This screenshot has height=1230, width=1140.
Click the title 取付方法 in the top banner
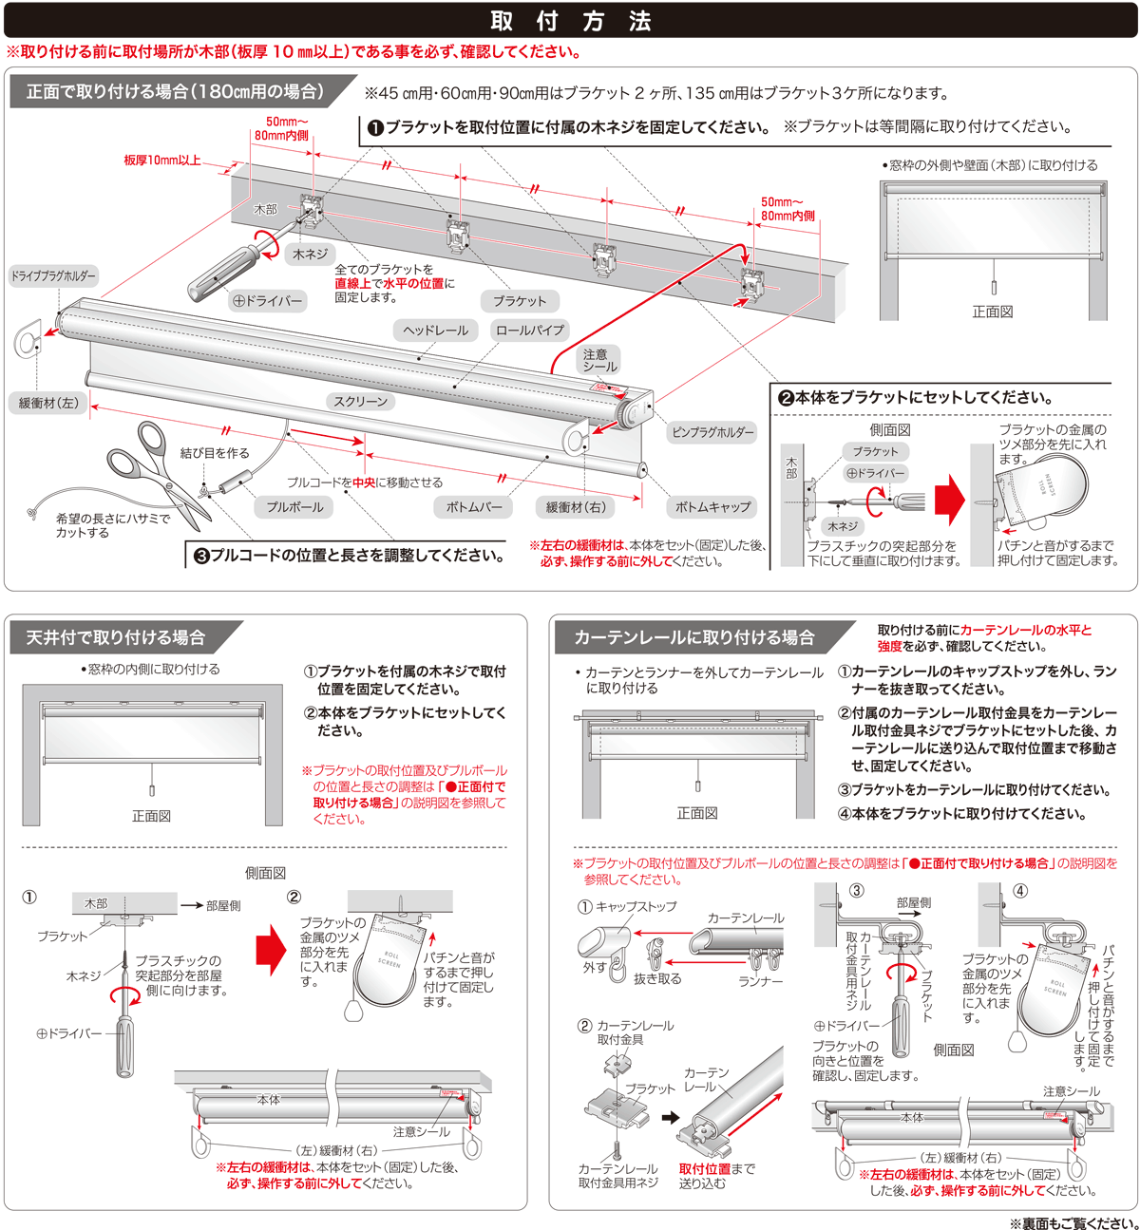pyautogui.click(x=570, y=21)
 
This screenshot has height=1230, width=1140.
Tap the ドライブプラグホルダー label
pyautogui.click(x=53, y=276)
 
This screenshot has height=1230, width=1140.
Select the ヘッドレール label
pyautogui.click(x=435, y=331)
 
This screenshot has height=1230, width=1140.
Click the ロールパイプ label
pyautogui.click(x=529, y=331)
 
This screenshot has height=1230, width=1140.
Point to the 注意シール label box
pyautogui.click(x=599, y=360)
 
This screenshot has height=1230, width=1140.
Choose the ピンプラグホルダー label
pyautogui.click(x=712, y=432)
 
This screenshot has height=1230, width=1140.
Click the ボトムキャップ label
pyautogui.click(x=712, y=507)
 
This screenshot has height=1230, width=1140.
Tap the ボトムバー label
pyautogui.click(x=474, y=507)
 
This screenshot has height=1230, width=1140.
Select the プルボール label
pyautogui.click(x=294, y=507)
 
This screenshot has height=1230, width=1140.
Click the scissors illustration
pyautogui.click(x=157, y=470)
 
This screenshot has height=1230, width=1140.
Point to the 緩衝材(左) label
pyautogui.click(x=48, y=403)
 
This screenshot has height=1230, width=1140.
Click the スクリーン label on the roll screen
pyautogui.click(x=361, y=402)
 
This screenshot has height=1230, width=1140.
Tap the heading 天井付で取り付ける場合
pyautogui.click(x=116, y=637)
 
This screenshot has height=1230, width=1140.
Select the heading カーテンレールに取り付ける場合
pyautogui.click(x=693, y=637)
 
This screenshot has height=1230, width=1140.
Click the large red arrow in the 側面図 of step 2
pyautogui.click(x=949, y=498)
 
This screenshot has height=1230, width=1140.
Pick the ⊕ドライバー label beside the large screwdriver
pyautogui.click(x=268, y=301)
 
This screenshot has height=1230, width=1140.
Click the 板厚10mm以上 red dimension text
pyautogui.click(x=162, y=161)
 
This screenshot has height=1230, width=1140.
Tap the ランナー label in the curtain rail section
pyautogui.click(x=761, y=981)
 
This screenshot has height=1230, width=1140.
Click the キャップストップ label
pyautogui.click(x=636, y=907)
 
